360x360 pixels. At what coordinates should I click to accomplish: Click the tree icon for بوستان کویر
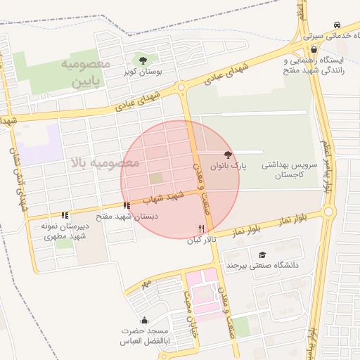click(x=143, y=60)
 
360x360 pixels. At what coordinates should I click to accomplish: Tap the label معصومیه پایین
click(x=87, y=73)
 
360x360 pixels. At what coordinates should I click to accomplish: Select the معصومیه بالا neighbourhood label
click(x=105, y=163)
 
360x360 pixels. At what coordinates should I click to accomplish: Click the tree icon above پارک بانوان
click(x=227, y=154)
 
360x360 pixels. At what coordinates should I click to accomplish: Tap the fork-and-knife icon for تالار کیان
click(x=202, y=229)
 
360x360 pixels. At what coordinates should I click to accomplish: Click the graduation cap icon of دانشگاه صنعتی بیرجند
click(x=262, y=255)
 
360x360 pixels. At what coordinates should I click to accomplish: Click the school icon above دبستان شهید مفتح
click(x=127, y=206)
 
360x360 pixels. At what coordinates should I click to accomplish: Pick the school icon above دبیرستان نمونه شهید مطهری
click(x=65, y=216)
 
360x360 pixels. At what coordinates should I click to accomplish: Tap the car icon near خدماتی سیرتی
click(x=339, y=23)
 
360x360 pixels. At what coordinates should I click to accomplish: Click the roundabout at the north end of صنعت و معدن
click(x=181, y=88)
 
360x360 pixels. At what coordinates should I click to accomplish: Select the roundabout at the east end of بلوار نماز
click(x=328, y=212)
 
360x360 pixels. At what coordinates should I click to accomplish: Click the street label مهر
click(x=146, y=283)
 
